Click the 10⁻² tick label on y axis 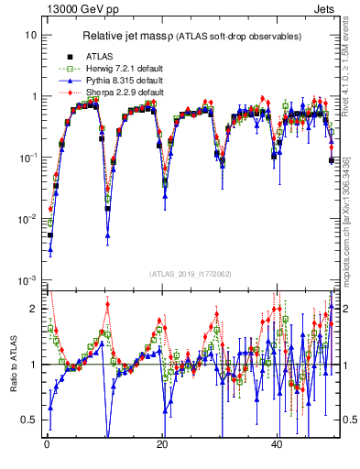(x=27, y=219)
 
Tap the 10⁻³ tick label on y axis (x=27, y=280)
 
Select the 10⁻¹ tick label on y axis (x=27, y=158)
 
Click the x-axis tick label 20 (x=162, y=442)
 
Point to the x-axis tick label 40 (x=278, y=442)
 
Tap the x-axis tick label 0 (x=46, y=442)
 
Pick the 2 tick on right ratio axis (x=344, y=309)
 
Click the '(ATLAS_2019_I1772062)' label (x=189, y=274)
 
